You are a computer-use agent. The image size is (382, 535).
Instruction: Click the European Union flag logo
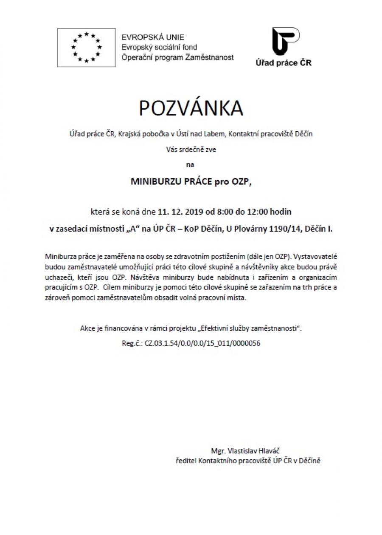click(87, 48)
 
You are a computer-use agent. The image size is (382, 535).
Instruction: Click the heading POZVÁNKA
click(191, 108)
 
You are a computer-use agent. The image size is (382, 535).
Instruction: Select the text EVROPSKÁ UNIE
click(152, 37)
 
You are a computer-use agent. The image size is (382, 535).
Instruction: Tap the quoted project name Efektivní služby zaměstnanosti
click(250, 328)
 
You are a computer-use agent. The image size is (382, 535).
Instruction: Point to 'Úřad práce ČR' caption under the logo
click(284, 63)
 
